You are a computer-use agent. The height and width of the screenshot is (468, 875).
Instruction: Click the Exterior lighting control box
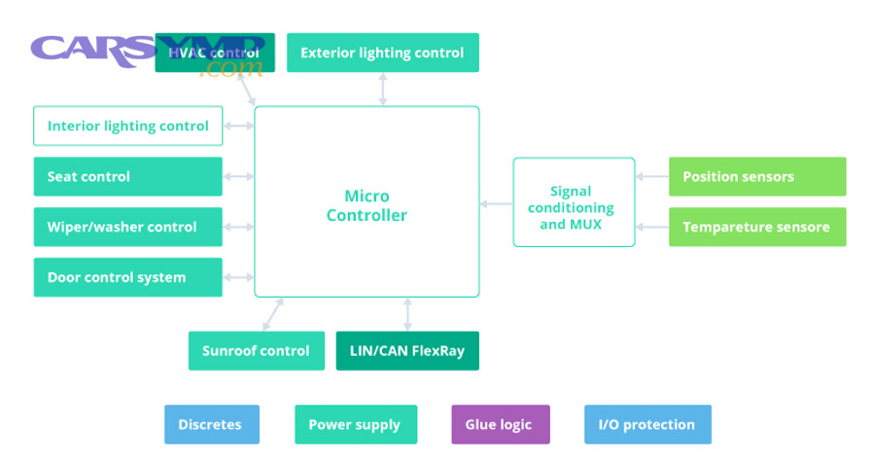point(382,53)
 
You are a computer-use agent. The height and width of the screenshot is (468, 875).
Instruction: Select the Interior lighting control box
point(127,126)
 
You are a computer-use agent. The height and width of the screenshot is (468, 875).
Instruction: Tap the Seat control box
point(127,176)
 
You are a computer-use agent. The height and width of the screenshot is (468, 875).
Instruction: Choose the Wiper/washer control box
point(127,227)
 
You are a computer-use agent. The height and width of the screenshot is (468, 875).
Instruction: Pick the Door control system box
point(127,277)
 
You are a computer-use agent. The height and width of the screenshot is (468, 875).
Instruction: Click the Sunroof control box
point(256,350)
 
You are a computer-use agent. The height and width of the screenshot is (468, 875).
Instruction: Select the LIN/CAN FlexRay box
point(407,350)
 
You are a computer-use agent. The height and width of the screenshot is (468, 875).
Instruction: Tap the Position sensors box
point(757,176)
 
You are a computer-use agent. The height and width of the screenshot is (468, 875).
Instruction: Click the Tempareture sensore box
point(757,227)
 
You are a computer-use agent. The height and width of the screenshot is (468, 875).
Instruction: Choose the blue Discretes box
point(211,424)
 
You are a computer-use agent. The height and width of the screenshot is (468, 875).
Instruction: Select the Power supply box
point(355,424)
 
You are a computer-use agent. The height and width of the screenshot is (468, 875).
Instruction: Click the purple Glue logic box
point(500,424)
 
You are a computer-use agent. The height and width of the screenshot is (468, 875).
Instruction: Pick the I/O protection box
point(647,424)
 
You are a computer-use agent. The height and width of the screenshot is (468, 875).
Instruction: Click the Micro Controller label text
point(367,206)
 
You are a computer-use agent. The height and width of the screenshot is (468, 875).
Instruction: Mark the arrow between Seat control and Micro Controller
point(238,176)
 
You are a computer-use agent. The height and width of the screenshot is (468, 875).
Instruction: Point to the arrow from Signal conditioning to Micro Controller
point(496,203)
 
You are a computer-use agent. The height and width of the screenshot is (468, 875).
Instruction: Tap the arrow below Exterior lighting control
point(383,89)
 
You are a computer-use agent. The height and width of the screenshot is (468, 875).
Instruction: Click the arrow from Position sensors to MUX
point(651,176)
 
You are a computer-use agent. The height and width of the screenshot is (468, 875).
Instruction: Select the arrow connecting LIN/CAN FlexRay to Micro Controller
point(407,313)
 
